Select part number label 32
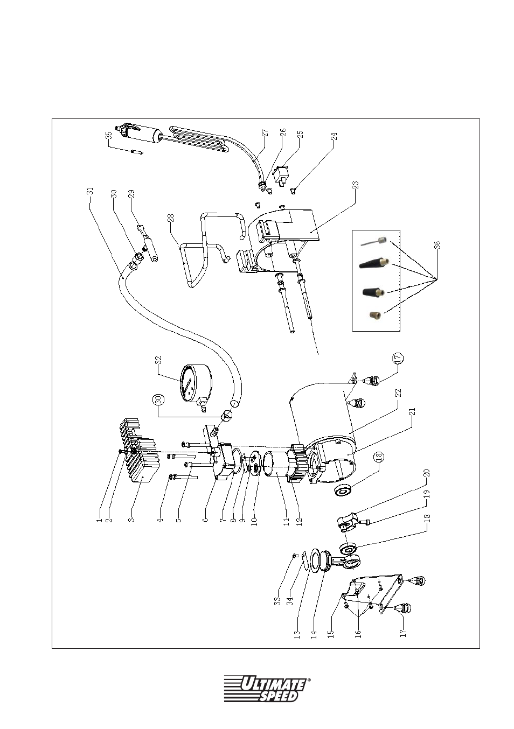tap(158, 361)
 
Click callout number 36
tap(437, 245)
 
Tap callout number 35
tap(109, 135)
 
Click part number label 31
tap(91, 191)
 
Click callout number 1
tap(99, 520)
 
